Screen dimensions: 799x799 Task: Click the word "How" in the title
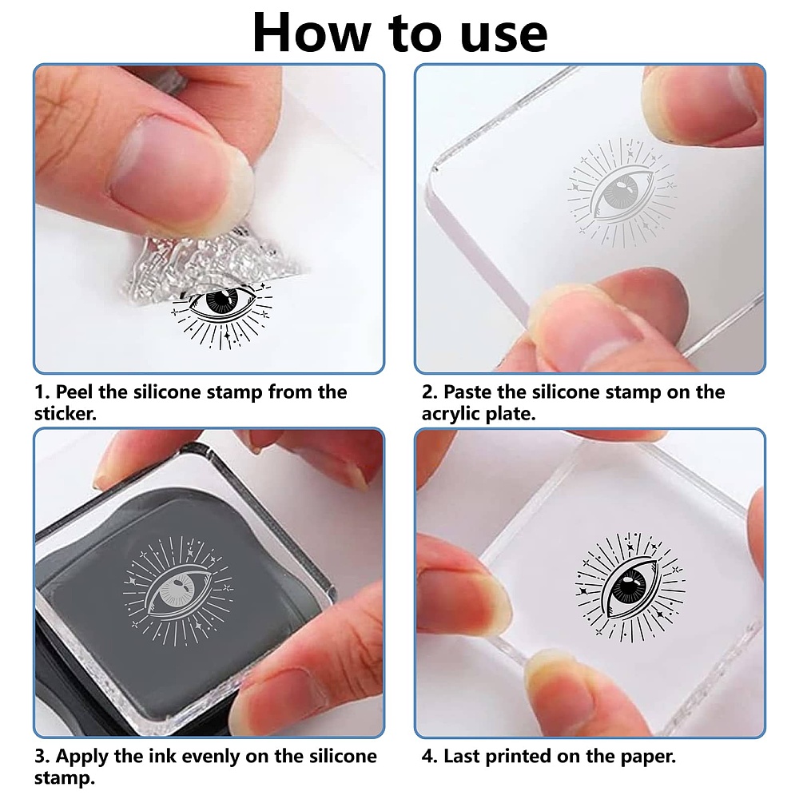(x=312, y=33)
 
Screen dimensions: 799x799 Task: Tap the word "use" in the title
(x=503, y=36)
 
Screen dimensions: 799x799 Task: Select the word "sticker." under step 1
(x=66, y=413)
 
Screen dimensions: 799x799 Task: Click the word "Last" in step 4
(x=461, y=756)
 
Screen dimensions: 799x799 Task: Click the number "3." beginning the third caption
(x=42, y=756)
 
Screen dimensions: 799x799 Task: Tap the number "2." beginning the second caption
(x=430, y=392)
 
